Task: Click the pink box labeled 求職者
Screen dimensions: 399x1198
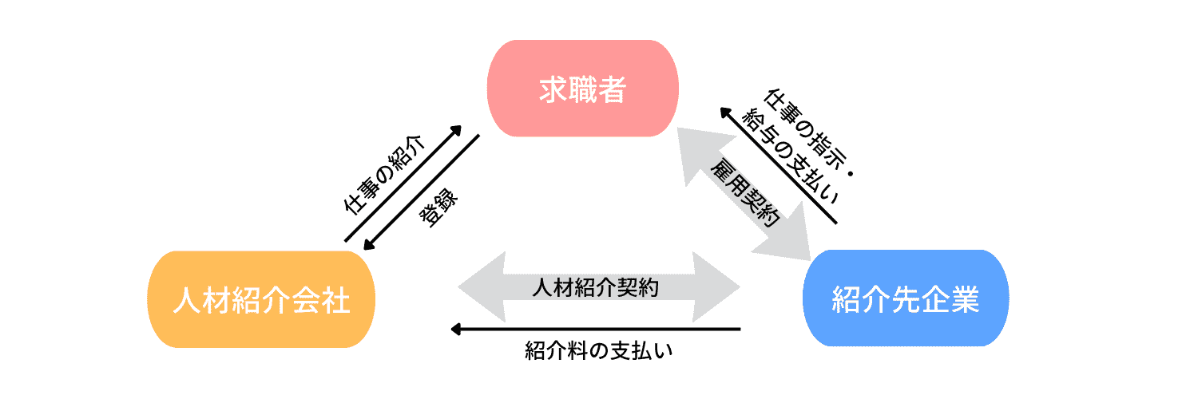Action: point(583,89)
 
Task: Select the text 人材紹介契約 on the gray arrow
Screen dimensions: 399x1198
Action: point(595,287)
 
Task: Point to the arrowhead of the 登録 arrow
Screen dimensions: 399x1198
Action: point(367,246)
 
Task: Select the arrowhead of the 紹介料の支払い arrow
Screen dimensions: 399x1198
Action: point(456,328)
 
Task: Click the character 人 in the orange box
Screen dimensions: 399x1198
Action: point(185,301)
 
